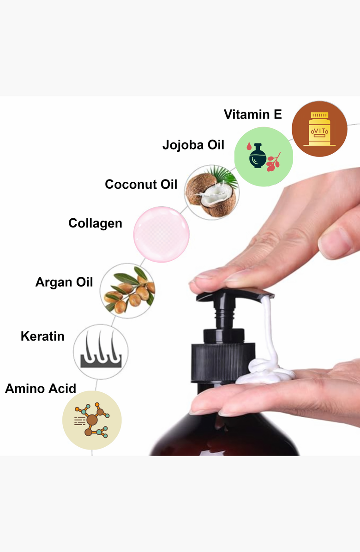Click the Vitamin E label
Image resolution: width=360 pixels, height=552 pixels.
[x=252, y=114]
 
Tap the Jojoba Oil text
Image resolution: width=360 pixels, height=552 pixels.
[x=193, y=144]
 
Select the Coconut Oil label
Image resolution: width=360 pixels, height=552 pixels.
[x=141, y=184]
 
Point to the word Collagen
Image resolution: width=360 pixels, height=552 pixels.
[x=95, y=223]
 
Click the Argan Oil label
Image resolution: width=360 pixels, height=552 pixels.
[x=64, y=282]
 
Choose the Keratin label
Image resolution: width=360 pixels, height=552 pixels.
[x=42, y=336]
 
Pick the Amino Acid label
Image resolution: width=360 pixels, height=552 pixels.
[x=41, y=388]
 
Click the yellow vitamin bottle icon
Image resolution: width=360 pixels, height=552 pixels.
[x=319, y=129]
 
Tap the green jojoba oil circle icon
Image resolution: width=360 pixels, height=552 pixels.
[x=264, y=156]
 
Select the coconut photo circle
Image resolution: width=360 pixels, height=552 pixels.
[x=211, y=192]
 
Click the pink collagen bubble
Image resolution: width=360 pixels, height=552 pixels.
[x=161, y=234]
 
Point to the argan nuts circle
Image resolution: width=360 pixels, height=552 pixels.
[x=127, y=291]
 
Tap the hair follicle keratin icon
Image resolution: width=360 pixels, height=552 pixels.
[x=101, y=352]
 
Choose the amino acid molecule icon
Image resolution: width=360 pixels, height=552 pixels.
[x=92, y=420]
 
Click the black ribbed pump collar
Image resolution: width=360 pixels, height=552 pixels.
[x=223, y=363]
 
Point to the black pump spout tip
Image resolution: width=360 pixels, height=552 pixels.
[x=268, y=296]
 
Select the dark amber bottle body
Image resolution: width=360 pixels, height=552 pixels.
[x=225, y=433]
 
